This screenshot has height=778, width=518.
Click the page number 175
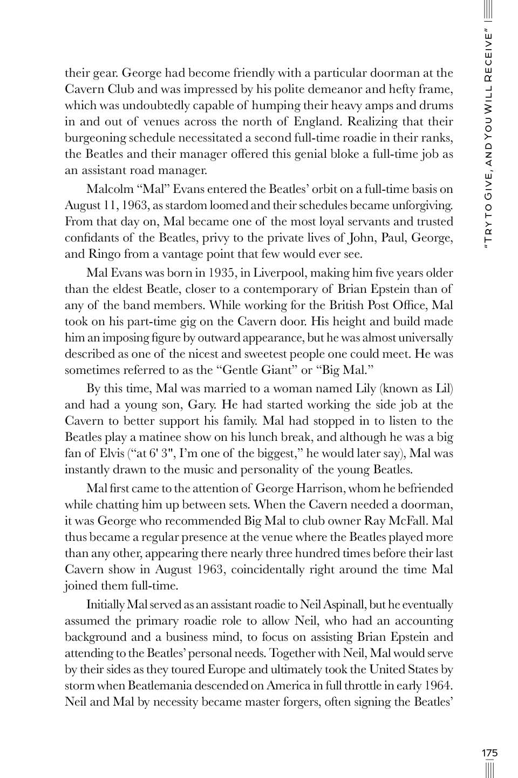[489, 753]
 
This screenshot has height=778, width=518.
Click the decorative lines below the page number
[489, 768]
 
